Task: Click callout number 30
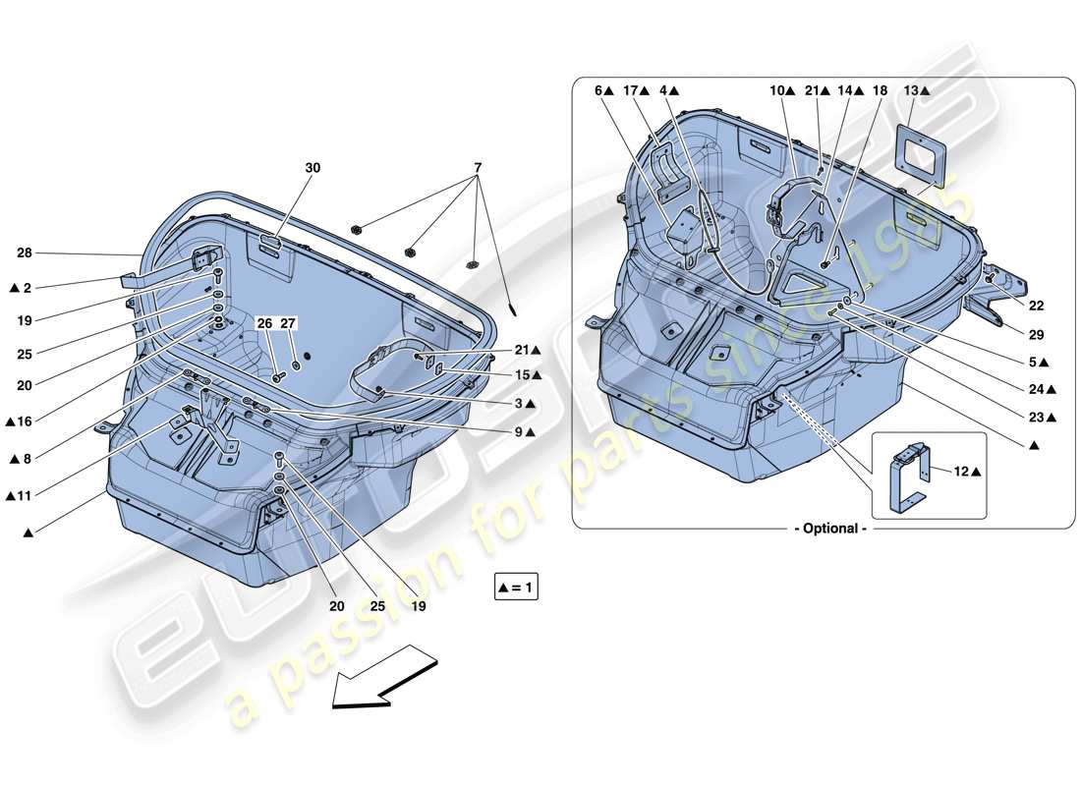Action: coord(313,168)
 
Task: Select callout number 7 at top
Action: coord(478,168)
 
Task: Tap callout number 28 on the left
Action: coord(24,253)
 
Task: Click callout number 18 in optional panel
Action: coord(880,90)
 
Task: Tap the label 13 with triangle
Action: coord(916,90)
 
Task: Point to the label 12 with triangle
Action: coord(967,472)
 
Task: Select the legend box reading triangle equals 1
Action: coord(518,589)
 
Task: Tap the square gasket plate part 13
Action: coord(921,151)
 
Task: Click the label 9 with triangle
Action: coord(523,431)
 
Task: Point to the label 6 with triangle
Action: coord(603,90)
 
